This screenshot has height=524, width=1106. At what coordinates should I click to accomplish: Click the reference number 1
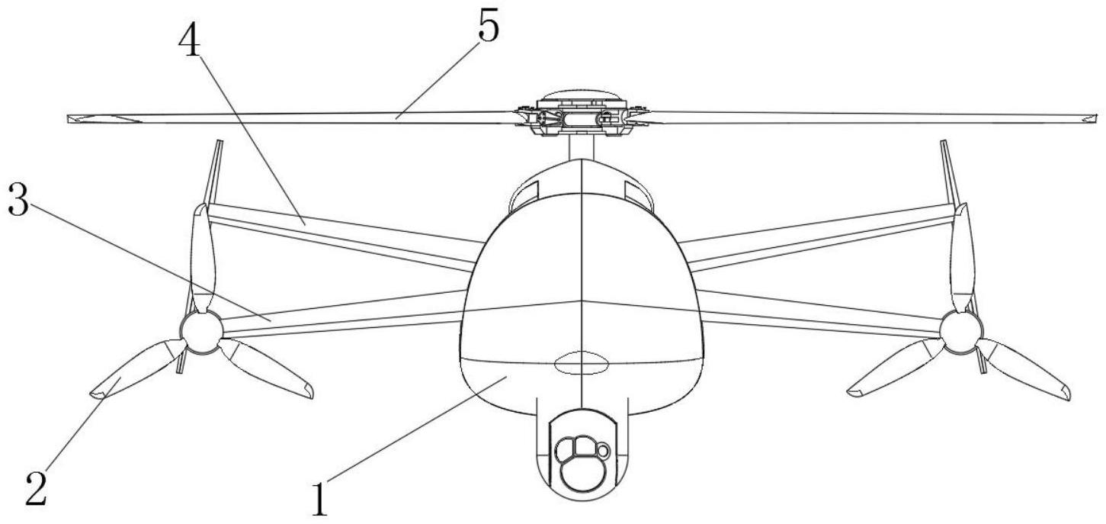[320, 500]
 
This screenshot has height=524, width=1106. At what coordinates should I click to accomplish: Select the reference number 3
[18, 199]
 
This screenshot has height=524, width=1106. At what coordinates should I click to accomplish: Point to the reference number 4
[190, 40]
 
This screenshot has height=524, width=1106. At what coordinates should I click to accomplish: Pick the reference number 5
[489, 26]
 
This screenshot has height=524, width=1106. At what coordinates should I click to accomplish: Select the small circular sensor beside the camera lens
[604, 451]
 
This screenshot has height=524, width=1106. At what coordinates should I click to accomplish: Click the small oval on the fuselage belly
[580, 364]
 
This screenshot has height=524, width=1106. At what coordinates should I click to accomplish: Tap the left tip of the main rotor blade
[69, 118]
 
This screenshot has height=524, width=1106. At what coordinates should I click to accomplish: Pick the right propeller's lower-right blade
[1023, 368]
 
